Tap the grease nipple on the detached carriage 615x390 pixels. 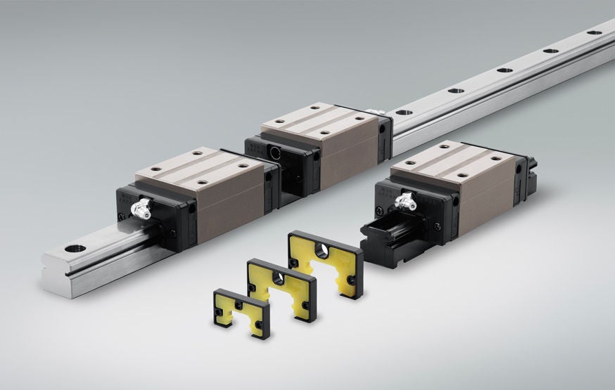tap(407, 202)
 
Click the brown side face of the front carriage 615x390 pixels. tap(232, 208)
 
